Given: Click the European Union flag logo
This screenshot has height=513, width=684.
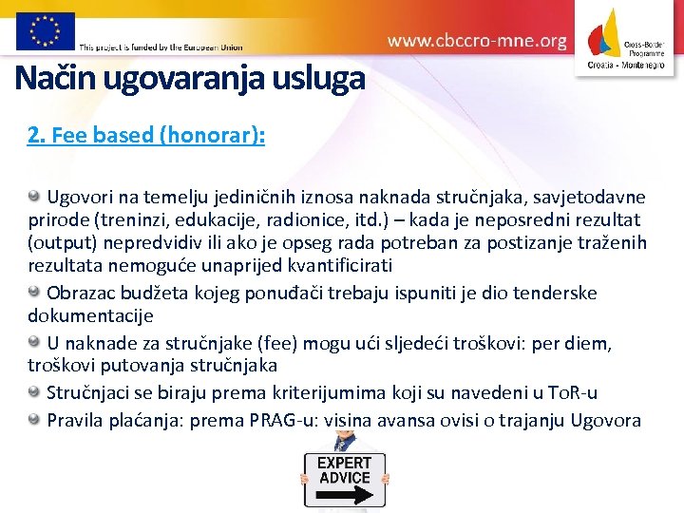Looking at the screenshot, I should click(x=45, y=30).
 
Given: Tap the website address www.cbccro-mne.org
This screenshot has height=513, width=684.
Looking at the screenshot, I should click(x=477, y=41).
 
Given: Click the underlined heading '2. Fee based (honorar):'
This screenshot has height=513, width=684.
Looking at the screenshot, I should click(x=146, y=135).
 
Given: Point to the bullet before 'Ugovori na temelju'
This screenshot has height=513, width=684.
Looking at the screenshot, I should click(x=35, y=197).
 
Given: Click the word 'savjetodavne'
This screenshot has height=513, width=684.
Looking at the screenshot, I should click(x=593, y=198).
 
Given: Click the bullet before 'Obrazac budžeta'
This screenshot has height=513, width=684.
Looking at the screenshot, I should click(x=35, y=292).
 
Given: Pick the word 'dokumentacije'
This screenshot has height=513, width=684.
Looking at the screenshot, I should click(x=90, y=314).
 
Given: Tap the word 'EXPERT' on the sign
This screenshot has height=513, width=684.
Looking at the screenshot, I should click(x=344, y=463).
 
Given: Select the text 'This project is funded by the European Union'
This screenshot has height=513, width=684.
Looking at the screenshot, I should click(x=161, y=47).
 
